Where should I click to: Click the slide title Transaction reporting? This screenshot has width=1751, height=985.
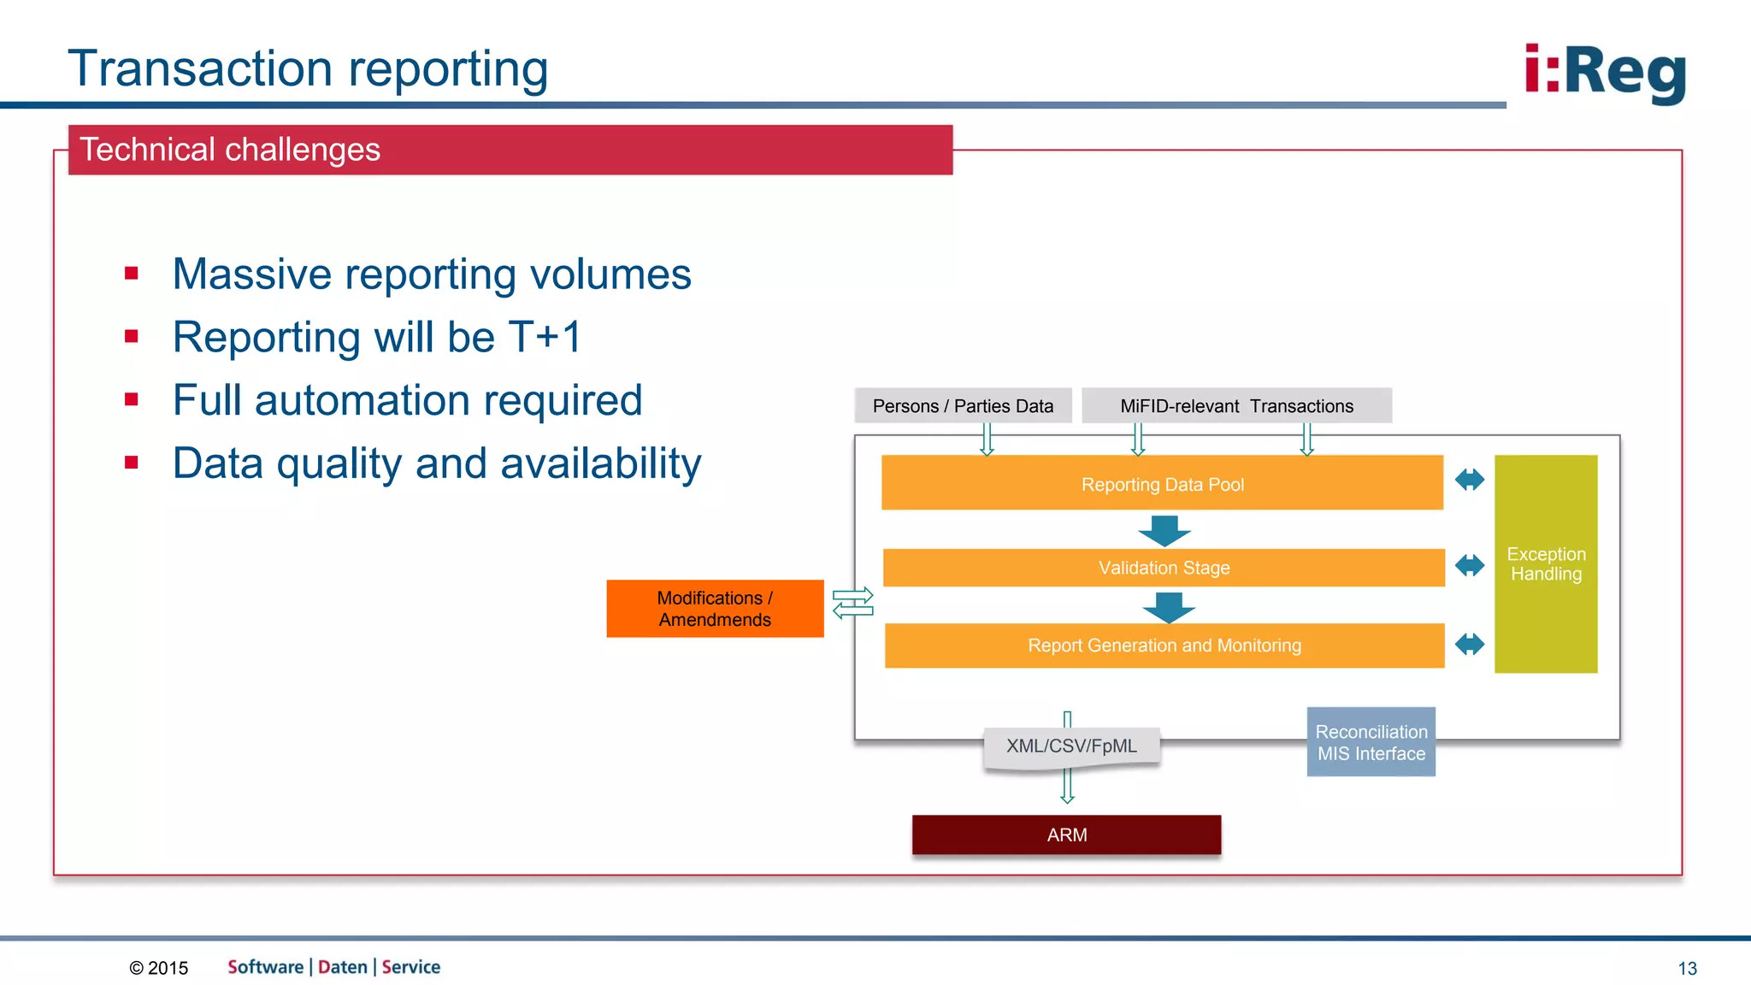tap(308, 68)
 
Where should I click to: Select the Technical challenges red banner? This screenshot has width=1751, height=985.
tap(510, 150)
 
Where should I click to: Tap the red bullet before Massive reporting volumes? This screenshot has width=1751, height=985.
tap(131, 274)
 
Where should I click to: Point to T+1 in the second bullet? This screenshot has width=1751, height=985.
tap(545, 337)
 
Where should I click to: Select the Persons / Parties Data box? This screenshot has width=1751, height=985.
tap(963, 406)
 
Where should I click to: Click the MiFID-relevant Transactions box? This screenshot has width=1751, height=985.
tap(1236, 406)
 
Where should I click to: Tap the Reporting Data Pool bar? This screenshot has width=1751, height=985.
tap(1162, 484)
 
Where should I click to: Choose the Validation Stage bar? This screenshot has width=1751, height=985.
tap(1164, 568)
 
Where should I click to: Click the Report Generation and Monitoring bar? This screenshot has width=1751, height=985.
tap(1164, 646)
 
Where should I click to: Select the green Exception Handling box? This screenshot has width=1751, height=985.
tap(1546, 564)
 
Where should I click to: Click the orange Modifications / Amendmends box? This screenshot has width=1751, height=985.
tap(715, 609)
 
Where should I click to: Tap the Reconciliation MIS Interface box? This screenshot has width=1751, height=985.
tap(1371, 742)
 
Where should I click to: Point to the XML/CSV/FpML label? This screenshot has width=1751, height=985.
tap(1071, 746)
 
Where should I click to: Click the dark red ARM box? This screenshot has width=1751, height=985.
tap(1066, 835)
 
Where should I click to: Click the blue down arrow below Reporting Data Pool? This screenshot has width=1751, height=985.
tap(1164, 529)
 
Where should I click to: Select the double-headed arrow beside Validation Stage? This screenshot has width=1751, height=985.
tap(1469, 565)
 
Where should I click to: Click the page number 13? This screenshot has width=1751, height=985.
tap(1687, 968)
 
